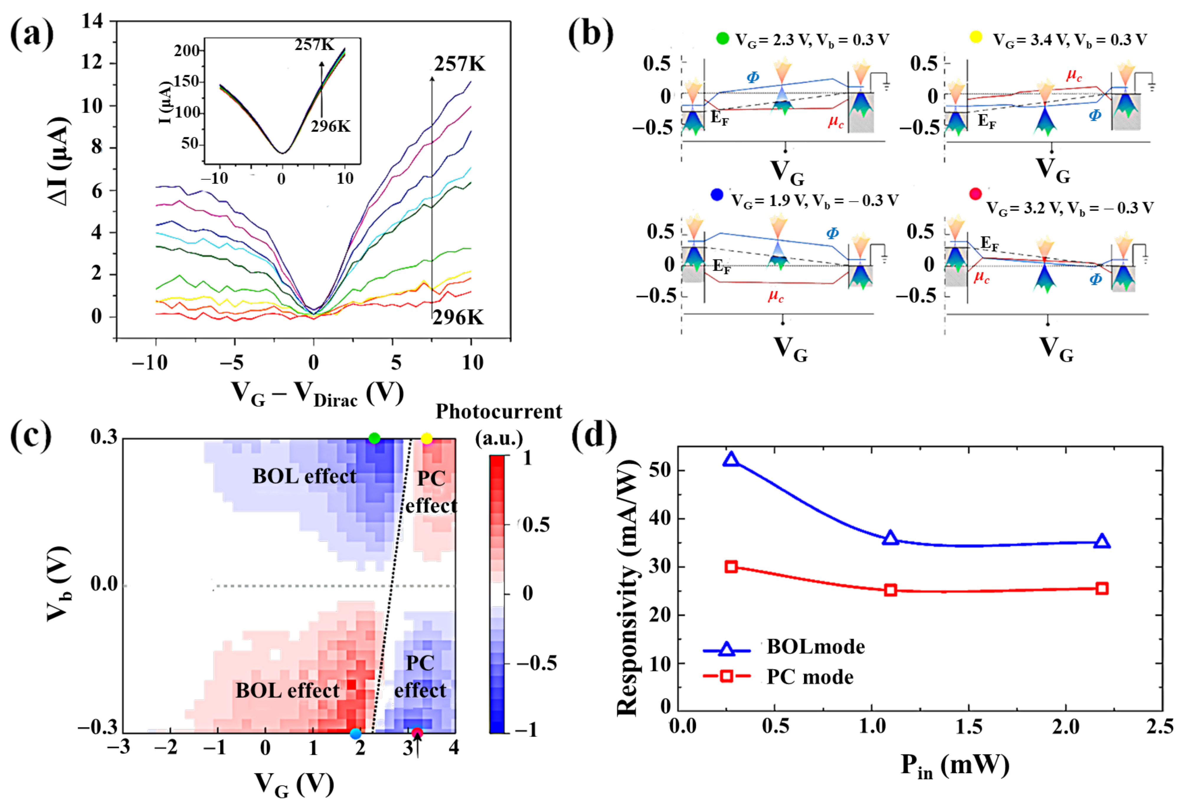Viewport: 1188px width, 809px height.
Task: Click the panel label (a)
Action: click(32, 35)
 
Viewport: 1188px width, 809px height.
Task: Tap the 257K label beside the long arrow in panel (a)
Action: click(459, 64)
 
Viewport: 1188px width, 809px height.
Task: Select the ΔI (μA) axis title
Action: click(59, 162)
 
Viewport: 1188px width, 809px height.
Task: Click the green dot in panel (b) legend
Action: click(722, 38)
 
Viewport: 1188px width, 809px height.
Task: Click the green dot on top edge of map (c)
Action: click(374, 438)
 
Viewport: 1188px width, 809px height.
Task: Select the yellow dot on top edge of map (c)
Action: click(426, 438)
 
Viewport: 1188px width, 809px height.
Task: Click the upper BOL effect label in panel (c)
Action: click(304, 477)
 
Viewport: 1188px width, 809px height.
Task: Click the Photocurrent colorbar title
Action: click(498, 412)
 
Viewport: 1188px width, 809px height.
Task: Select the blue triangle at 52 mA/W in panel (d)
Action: click(732, 459)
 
